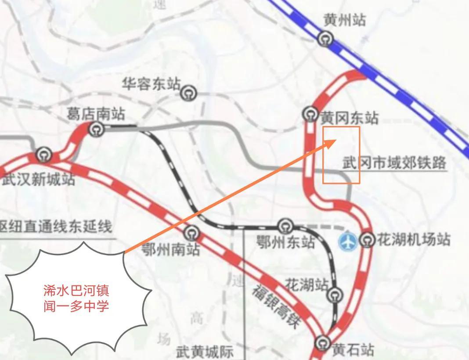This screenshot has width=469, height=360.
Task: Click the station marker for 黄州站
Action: pyautogui.click(x=325, y=40)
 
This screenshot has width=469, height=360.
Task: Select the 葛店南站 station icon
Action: pyautogui.click(x=96, y=129)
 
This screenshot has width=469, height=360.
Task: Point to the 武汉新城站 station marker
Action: pyautogui.click(x=43, y=155)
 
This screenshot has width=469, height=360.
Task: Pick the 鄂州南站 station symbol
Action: pyautogui.click(x=192, y=233)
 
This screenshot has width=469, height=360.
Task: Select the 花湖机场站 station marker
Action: pyautogui.click(x=367, y=240)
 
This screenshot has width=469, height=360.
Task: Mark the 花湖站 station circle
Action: pyautogui.click(x=336, y=295)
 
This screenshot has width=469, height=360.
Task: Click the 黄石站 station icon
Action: pyautogui.click(x=323, y=342)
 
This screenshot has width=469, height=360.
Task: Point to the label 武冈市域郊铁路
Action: pyautogui.click(x=394, y=163)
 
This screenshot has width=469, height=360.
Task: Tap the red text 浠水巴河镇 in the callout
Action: pyautogui.click(x=76, y=290)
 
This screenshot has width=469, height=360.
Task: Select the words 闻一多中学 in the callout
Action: pyautogui.click(x=76, y=306)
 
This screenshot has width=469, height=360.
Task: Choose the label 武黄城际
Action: pyautogui.click(x=205, y=352)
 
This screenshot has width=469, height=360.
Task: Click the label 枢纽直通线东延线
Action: pyautogui.click(x=56, y=227)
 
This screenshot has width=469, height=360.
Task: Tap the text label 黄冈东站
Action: pyautogui.click(x=349, y=118)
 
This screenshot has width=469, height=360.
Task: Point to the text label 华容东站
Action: pyautogui.click(x=151, y=84)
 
